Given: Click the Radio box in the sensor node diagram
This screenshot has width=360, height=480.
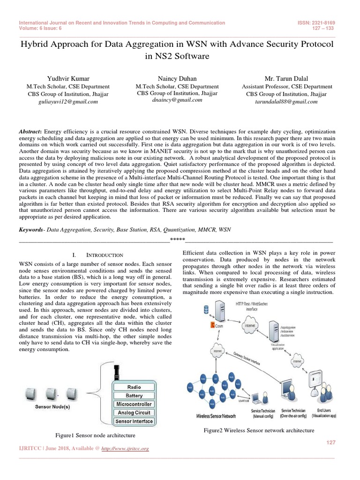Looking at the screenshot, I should point(134,387).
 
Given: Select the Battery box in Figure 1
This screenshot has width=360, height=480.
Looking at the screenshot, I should point(134,396).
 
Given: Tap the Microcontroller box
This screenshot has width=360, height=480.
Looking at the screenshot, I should point(134,404).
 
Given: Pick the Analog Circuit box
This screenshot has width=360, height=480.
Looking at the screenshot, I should point(134,412).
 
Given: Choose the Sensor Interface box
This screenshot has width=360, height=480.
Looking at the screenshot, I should point(134,421).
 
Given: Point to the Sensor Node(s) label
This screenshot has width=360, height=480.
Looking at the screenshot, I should point(53,407).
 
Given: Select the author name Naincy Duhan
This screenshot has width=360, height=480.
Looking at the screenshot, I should point(177,78).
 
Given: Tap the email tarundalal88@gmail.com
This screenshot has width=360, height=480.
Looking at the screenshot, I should point(286,101).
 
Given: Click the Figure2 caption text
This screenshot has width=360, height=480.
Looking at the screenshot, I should point(258,430).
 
